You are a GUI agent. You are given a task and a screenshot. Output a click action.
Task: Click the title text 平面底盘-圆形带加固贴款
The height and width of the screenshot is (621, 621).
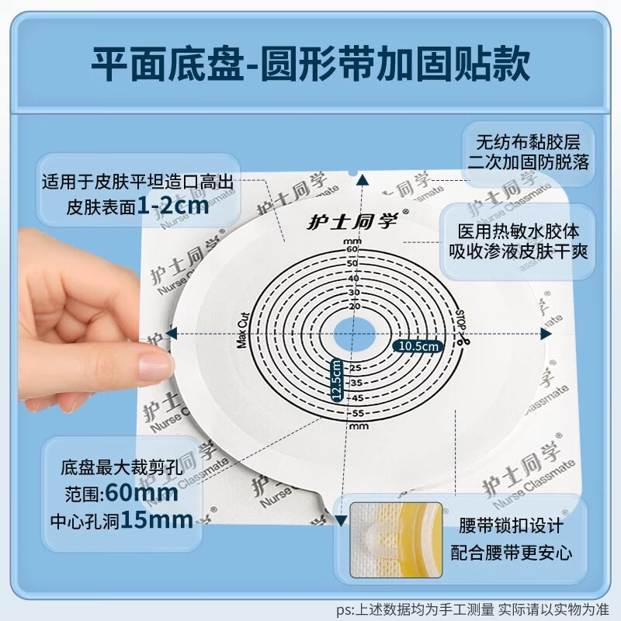(310, 66)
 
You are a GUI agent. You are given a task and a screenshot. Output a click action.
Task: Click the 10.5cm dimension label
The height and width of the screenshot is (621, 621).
(419, 345)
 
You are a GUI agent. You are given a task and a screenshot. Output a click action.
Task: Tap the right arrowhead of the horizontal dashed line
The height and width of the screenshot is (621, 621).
(541, 332)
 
